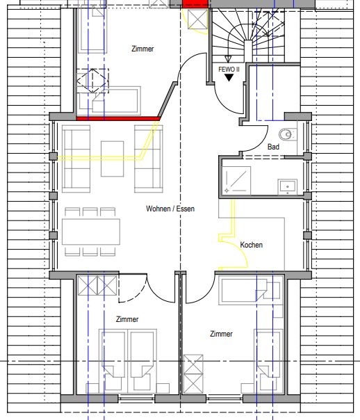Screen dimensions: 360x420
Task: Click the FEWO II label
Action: pyautogui.click(x=229, y=70)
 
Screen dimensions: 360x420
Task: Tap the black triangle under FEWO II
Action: pyautogui.click(x=229, y=78)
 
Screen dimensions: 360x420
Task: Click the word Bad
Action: pyautogui.click(x=273, y=147)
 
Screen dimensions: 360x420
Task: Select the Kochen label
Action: pyautogui.click(x=251, y=245)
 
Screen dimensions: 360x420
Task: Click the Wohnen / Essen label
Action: pyautogui.click(x=170, y=209)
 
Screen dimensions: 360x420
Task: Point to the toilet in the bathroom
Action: pyautogui.click(x=288, y=134)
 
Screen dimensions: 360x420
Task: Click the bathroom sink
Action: pyautogui.click(x=288, y=186)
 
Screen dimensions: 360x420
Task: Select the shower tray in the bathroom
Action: pyautogui.click(x=236, y=180)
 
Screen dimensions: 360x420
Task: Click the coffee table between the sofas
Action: pyautogui.click(x=112, y=159)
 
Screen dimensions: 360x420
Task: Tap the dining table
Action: pyautogui.click(x=91, y=232)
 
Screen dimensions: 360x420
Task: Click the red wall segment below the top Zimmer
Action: pyautogui.click(x=117, y=118)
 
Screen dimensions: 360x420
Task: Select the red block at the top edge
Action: pyautogui.click(x=195, y=4)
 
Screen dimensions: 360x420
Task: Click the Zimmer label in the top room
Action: pyautogui.click(x=142, y=49)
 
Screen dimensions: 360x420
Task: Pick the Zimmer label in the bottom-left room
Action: pyautogui.click(x=127, y=319)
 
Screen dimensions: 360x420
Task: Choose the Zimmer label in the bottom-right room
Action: pyautogui.click(x=222, y=334)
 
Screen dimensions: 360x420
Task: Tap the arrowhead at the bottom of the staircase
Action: pyautogui.click(x=228, y=58)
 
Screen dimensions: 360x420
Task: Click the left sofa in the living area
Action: pyautogui.click(x=76, y=159)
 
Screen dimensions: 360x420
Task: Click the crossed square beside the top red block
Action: pyautogui.click(x=197, y=19)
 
